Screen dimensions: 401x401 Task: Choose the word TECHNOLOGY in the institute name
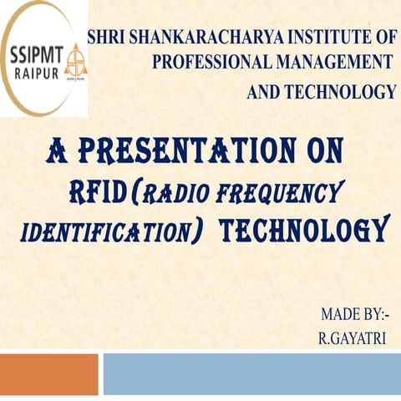(x=343, y=92)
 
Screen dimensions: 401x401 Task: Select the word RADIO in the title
(x=180, y=195)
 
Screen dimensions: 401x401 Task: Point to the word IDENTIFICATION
(x=105, y=231)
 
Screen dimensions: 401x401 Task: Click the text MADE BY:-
(x=354, y=315)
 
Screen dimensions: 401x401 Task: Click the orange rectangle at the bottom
(x=48, y=373)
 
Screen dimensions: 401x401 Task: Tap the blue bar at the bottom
(x=251, y=373)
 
